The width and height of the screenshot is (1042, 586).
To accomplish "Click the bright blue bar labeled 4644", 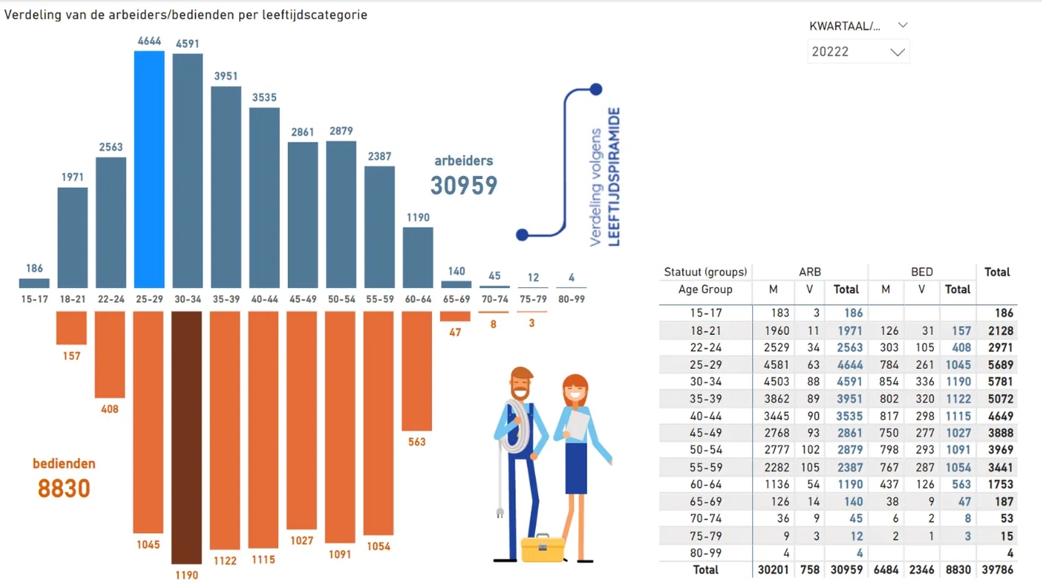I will click(149, 169).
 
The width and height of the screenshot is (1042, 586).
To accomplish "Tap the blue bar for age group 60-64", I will click(417, 258).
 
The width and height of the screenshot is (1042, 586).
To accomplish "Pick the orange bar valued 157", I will click(71, 328).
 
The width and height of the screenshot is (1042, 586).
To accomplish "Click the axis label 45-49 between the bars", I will click(302, 300).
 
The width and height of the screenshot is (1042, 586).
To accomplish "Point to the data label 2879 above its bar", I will click(340, 131).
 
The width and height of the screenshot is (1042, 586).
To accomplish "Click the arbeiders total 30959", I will click(464, 186).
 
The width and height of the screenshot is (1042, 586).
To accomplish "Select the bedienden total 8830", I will click(64, 487).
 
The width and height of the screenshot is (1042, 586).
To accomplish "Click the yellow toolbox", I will click(542, 548).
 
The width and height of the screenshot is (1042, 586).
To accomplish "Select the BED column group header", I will click(921, 272).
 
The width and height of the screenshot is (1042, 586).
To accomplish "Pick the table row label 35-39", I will click(705, 399).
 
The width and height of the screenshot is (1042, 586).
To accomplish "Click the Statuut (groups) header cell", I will click(705, 272).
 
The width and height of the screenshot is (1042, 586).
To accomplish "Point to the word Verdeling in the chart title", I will click(29, 15).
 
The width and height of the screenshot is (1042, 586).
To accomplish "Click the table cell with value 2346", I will click(921, 570).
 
